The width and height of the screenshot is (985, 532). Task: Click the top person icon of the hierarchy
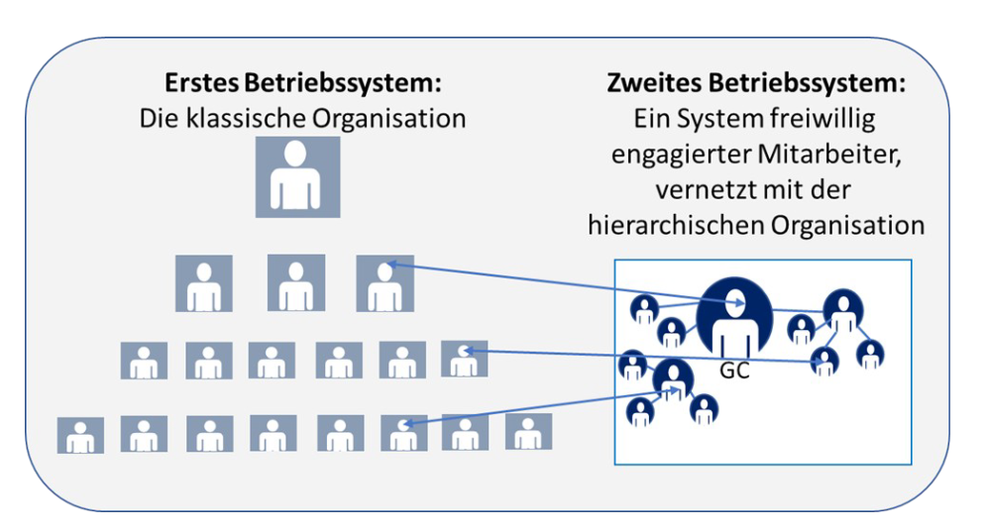[297, 176]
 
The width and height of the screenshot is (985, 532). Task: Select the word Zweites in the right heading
[649, 83]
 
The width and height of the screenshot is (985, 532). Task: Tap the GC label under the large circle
[733, 375]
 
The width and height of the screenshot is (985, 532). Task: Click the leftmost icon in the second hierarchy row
[203, 283]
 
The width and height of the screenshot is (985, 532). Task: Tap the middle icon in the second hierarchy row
[297, 283]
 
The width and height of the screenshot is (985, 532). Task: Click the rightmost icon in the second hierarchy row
[384, 283]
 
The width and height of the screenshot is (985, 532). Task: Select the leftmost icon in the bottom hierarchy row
[80, 435]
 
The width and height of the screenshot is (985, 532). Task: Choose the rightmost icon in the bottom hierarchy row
[528, 433]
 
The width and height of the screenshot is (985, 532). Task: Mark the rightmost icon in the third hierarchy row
[464, 359]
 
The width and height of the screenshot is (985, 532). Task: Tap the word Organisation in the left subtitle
[400, 120]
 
